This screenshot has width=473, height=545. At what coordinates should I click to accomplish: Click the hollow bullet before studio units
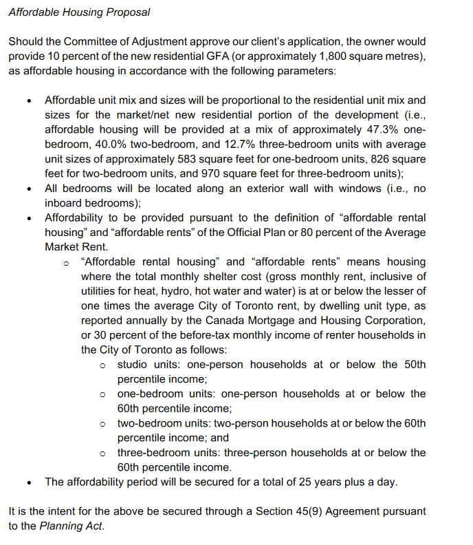102,365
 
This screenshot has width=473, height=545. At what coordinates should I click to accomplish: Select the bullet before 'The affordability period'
29,482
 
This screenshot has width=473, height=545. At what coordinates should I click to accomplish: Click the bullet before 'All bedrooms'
29,189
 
